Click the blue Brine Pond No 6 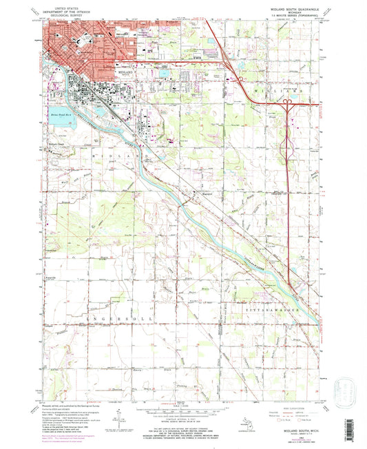61,118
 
